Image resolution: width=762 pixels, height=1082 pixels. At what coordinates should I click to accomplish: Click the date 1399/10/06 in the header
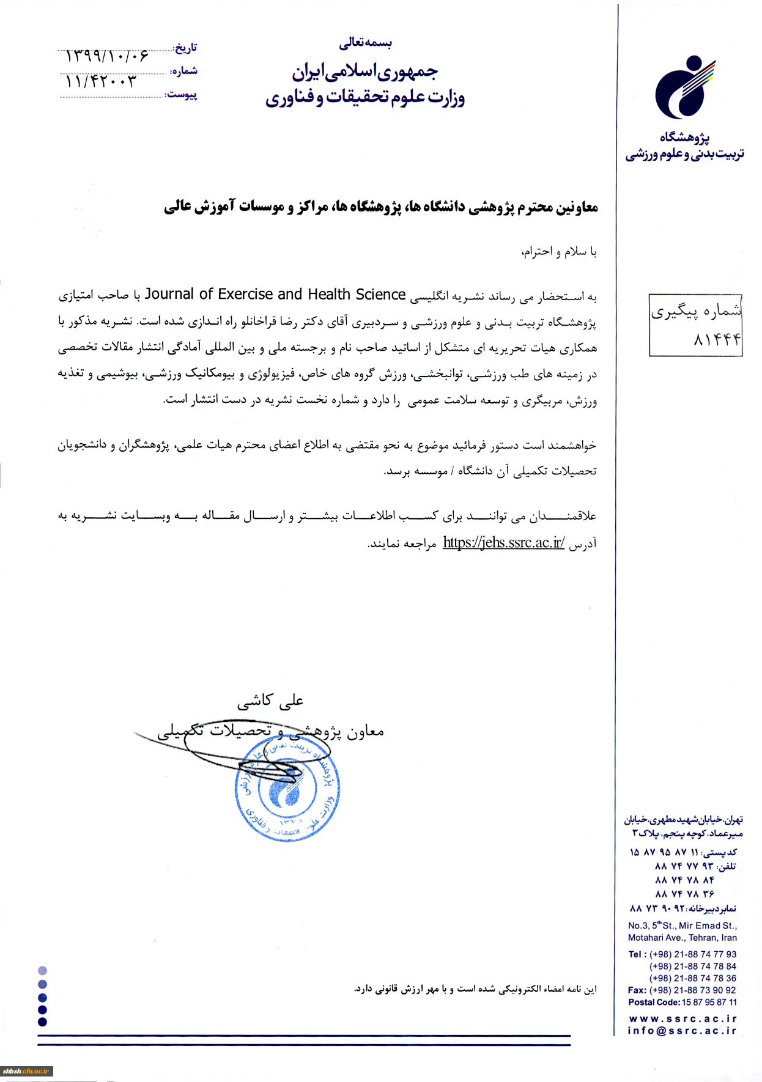(x=107, y=56)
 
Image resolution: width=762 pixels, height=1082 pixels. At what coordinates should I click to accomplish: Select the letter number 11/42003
(x=101, y=81)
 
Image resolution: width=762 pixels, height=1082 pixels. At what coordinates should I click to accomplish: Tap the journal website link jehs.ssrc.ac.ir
(x=503, y=543)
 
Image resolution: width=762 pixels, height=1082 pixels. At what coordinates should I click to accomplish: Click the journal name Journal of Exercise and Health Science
(x=275, y=295)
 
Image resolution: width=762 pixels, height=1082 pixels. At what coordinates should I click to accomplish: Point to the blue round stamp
(x=287, y=789)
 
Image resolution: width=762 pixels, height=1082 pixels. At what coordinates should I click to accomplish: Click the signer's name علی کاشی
(x=270, y=701)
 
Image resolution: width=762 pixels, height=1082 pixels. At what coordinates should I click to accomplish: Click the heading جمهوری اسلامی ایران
(x=364, y=73)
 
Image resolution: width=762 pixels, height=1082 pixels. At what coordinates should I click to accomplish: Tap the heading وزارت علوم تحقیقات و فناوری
(x=365, y=98)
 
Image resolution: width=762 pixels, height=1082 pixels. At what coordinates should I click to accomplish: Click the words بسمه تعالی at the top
(x=365, y=43)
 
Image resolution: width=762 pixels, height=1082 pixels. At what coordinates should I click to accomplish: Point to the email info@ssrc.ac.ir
(x=682, y=1031)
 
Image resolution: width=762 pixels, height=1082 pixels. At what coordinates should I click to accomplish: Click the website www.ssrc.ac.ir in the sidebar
(x=682, y=1018)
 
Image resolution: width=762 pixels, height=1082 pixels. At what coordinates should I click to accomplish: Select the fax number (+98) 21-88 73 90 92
(x=692, y=990)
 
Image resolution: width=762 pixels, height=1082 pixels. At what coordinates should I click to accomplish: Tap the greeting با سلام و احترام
(x=558, y=252)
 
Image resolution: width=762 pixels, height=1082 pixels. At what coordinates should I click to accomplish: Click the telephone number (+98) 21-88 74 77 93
(x=692, y=954)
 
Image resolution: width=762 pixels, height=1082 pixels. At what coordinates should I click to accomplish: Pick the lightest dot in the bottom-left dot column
(x=42, y=971)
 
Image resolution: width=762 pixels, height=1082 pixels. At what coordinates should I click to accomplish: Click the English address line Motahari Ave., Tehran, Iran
(x=682, y=938)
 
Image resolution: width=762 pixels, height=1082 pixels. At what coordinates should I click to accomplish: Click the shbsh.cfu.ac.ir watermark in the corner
(x=26, y=1071)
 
